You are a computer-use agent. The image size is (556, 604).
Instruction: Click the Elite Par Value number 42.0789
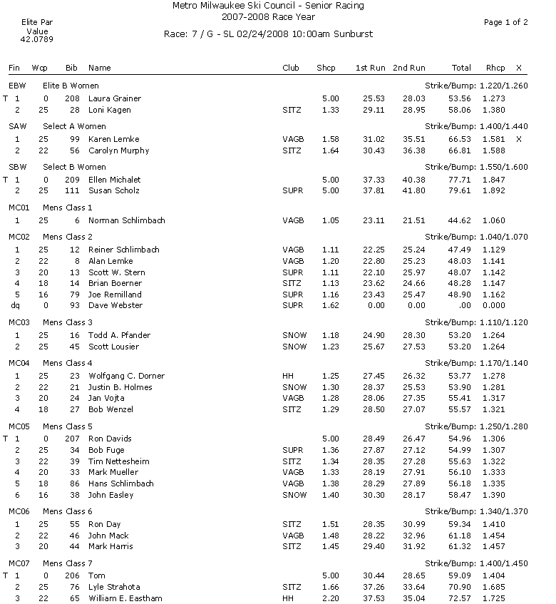tap(37, 41)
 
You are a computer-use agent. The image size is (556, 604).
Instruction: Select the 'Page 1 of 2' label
tap(505, 22)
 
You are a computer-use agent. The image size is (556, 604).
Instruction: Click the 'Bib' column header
tap(71, 68)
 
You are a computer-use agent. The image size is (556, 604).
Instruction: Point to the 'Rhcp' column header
tap(495, 68)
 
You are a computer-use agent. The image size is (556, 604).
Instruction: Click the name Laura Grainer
tap(114, 98)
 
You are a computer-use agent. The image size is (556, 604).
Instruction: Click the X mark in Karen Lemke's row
tap(518, 139)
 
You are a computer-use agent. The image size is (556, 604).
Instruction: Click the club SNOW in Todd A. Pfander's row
tap(294, 335)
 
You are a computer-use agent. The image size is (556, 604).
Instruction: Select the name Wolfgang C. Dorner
tap(126, 376)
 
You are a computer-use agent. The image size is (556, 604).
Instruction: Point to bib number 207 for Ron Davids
tap(71, 439)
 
